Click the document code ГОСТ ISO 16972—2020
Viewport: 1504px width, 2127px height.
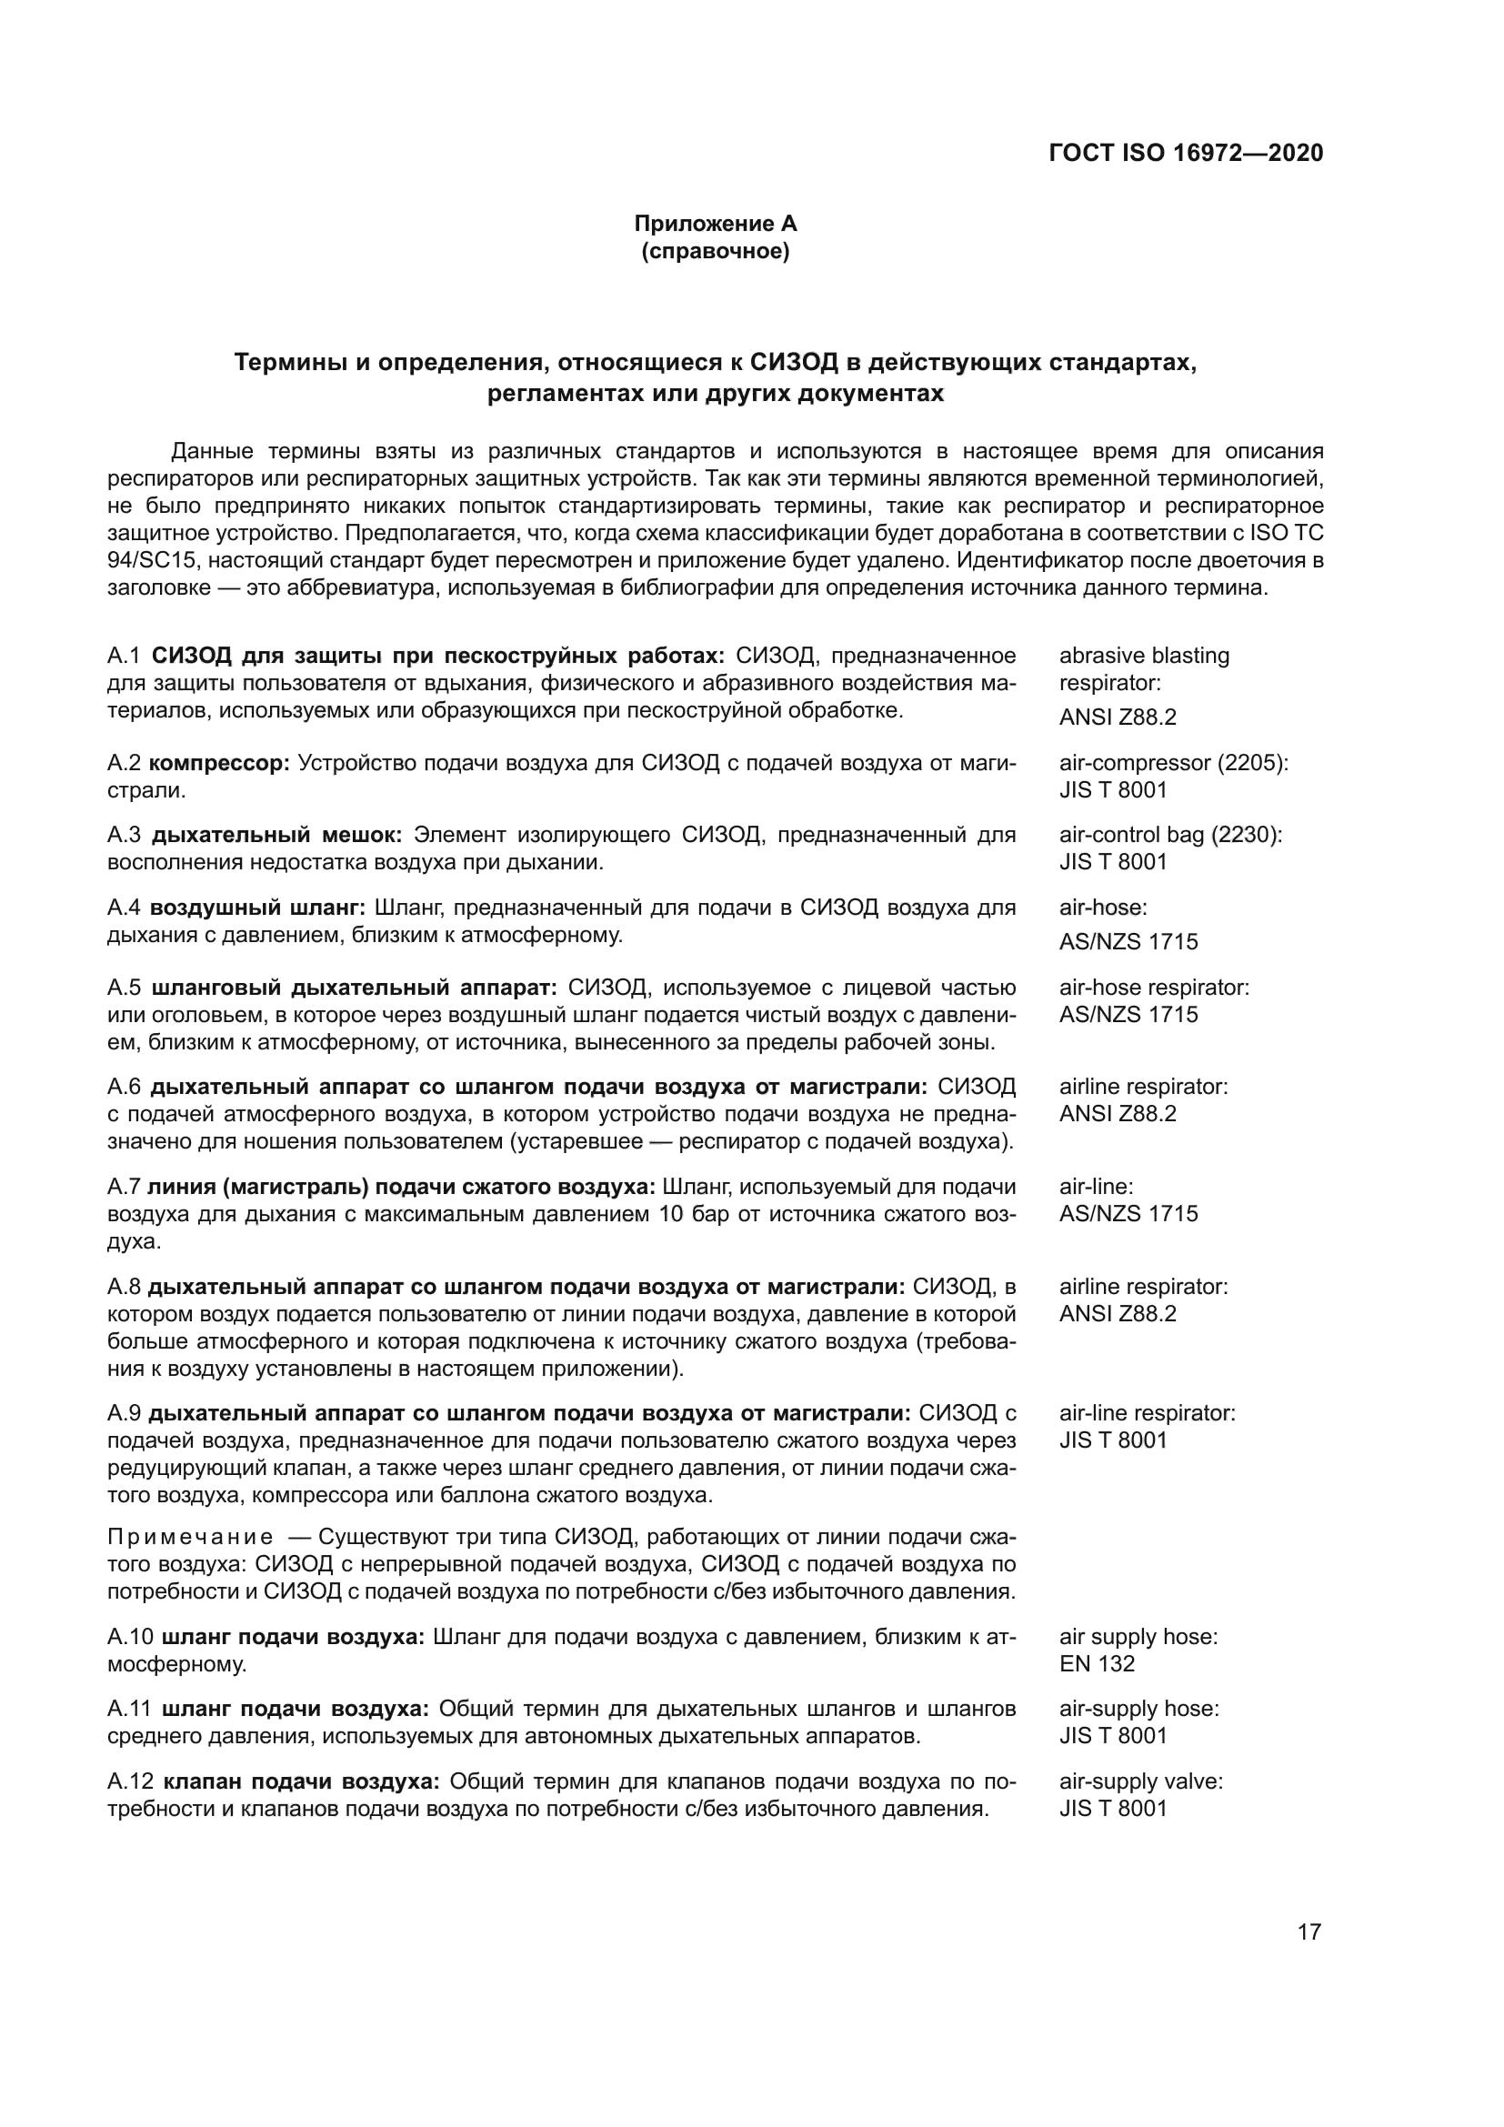coord(1186,153)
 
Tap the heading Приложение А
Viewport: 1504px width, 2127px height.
coord(715,224)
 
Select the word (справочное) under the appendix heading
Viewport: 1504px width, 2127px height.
coord(715,251)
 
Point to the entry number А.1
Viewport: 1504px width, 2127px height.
coord(123,656)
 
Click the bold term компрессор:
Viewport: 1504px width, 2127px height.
coord(219,763)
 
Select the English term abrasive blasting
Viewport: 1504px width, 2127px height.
coord(1144,656)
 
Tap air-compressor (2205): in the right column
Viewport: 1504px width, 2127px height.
coord(1173,763)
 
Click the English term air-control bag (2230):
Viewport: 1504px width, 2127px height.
coord(1170,835)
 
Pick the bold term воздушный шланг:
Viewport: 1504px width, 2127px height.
coord(258,907)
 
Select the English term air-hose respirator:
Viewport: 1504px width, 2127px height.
coord(1154,988)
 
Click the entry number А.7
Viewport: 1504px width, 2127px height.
coord(123,1187)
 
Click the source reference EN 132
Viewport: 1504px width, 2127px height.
coord(1097,1664)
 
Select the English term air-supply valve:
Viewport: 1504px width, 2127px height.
coord(1140,1781)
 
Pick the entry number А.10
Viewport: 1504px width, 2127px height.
coord(129,1637)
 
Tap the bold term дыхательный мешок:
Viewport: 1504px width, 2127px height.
coord(276,835)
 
